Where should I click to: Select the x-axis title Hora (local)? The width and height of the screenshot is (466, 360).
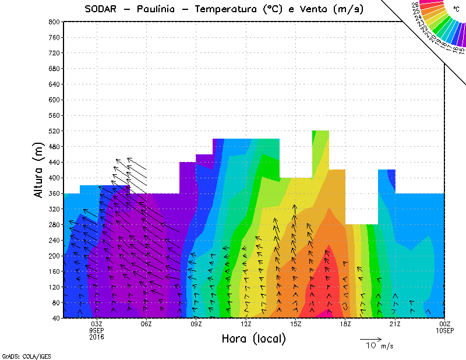pyautogui.click(x=253, y=338)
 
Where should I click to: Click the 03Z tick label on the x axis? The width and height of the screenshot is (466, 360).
pyautogui.click(x=97, y=324)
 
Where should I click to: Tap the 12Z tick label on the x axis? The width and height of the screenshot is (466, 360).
pyautogui.click(x=246, y=324)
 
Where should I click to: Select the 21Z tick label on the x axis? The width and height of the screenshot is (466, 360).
pyautogui.click(x=395, y=324)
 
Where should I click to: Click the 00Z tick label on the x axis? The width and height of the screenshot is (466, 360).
pyautogui.click(x=444, y=324)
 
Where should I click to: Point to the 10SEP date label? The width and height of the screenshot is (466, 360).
pyautogui.click(x=444, y=330)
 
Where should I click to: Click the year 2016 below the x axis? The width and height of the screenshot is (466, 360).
pyautogui.click(x=97, y=336)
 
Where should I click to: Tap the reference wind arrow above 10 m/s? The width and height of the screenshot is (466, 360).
pyautogui.click(x=370, y=338)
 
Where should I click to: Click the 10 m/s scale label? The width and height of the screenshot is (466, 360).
pyautogui.click(x=379, y=346)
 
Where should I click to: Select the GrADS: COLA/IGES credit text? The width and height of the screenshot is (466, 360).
pyautogui.click(x=22, y=355)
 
